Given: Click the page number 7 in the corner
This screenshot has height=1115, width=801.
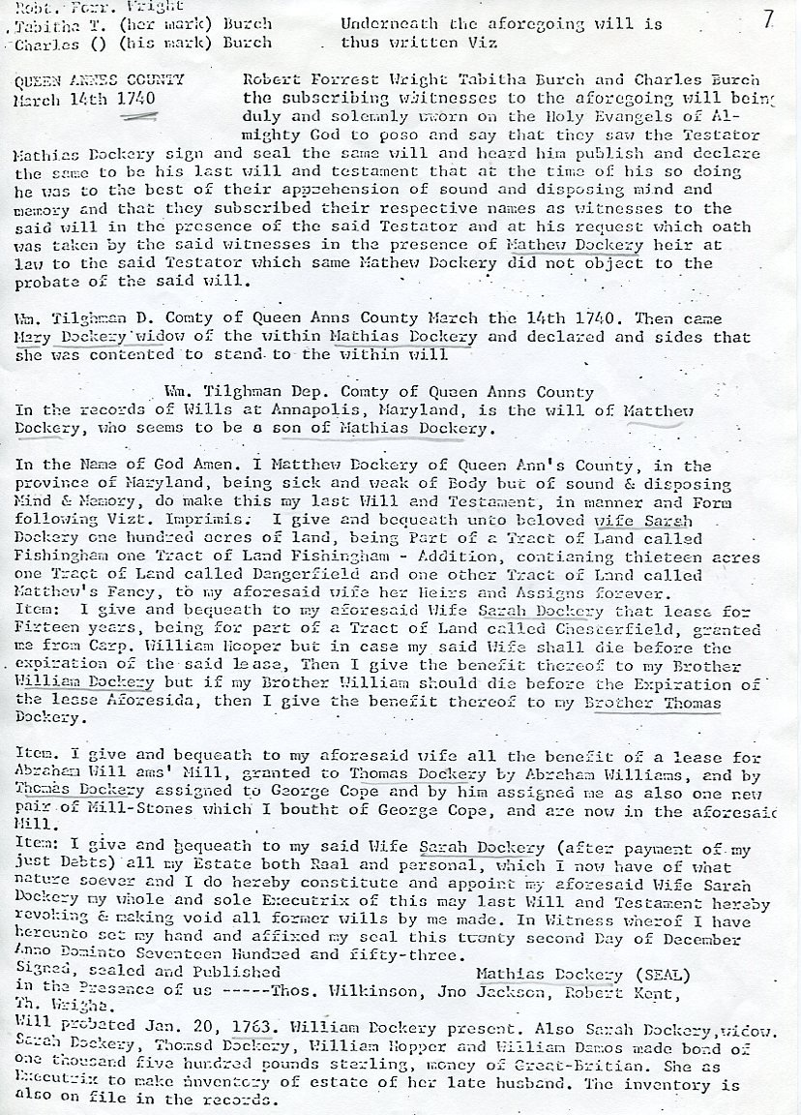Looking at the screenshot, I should click(x=768, y=19).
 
